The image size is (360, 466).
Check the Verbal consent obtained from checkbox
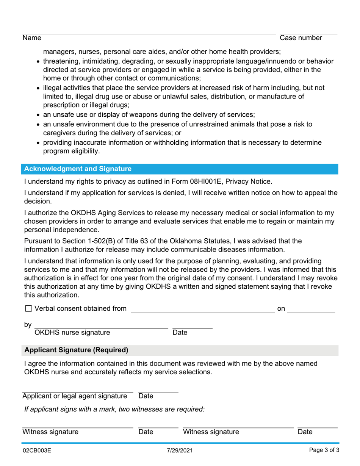click(28, 309)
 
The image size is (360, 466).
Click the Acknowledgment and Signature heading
click(78, 169)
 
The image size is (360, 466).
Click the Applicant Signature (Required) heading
click(76, 350)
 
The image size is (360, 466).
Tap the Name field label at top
click(32, 38)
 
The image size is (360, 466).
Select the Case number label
click(301, 38)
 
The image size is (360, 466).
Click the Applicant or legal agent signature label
click(75, 396)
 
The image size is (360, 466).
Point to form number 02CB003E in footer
click(37, 451)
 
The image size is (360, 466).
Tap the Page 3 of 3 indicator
click(324, 451)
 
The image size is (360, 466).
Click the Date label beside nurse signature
click(180, 333)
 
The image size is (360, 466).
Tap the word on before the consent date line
click(281, 309)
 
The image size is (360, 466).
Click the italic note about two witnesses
click(114, 409)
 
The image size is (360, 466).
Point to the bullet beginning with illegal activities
click(183, 88)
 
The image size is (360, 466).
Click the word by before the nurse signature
click(28, 325)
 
